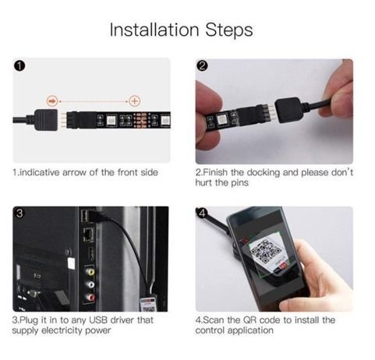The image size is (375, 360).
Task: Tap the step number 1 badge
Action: pos(19,66)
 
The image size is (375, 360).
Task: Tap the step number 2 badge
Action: pos(202,66)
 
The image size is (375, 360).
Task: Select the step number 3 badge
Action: pos(19,213)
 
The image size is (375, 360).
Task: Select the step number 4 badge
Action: pos(202,213)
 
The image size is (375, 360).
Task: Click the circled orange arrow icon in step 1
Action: pos(52,101)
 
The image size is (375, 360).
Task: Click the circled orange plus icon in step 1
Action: pos(135,101)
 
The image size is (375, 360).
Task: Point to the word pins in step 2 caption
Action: pos(235,182)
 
